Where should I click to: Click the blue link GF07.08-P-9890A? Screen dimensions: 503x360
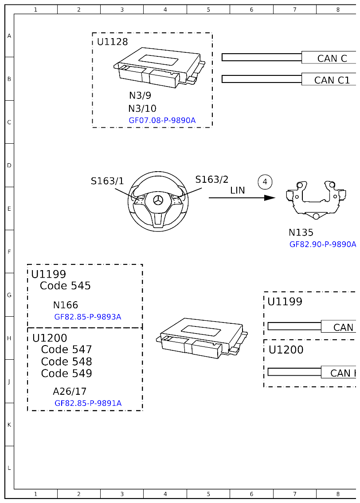162,120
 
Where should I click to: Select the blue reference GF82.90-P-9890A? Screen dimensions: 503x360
322,244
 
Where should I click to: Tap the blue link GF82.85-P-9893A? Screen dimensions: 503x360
87,317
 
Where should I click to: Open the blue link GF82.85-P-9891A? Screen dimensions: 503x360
88,403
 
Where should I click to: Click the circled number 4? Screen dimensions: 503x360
265,182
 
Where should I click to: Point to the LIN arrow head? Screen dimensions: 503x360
270,198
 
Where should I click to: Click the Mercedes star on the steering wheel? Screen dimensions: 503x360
157,200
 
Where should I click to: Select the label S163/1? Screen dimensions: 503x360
107,181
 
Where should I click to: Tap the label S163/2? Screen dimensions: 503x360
212,179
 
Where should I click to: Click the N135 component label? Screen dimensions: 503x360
301,232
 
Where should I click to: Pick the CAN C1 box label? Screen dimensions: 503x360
332,80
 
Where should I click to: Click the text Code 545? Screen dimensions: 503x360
65,286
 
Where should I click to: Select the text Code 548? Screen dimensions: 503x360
67,362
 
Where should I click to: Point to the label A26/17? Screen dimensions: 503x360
70,391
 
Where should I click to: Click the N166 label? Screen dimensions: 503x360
65,305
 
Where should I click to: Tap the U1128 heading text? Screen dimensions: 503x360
112,42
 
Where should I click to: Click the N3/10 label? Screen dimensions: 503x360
142,109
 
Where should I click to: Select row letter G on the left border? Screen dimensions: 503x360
9,295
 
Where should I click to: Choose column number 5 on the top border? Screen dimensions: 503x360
208,9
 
